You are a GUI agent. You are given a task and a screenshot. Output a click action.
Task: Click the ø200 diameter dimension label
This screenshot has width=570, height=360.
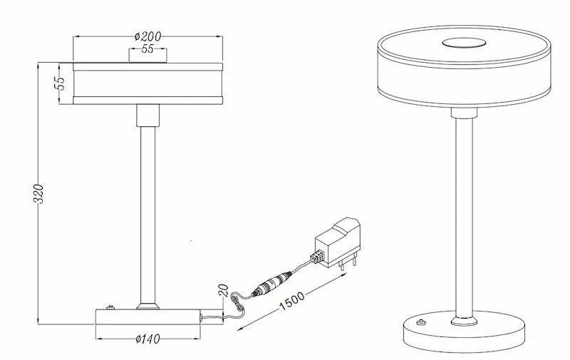[147, 36]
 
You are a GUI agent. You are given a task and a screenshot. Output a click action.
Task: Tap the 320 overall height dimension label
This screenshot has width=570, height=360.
[38, 194]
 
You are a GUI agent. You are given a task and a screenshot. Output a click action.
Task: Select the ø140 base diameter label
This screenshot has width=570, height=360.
[147, 339]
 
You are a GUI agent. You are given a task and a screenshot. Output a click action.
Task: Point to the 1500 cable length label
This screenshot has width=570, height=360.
[292, 300]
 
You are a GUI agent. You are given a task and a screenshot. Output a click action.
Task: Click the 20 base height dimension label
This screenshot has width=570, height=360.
[224, 290]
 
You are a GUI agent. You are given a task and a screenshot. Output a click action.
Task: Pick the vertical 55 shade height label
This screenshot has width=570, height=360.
[59, 83]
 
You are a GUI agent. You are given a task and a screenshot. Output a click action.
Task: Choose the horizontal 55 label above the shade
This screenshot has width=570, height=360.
[147, 48]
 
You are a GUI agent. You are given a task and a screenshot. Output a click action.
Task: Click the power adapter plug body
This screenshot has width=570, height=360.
[338, 242]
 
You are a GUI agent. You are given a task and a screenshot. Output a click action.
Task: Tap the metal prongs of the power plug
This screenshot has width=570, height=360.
[348, 263]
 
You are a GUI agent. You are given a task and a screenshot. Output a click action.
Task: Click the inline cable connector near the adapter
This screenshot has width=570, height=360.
[273, 283]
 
